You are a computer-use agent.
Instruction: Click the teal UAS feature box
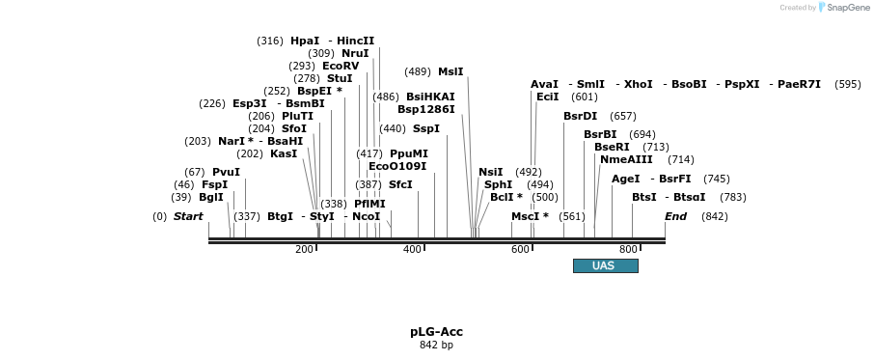[605, 265]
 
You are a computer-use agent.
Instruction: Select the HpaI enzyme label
[304, 42]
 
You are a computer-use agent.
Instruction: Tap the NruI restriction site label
[355, 53]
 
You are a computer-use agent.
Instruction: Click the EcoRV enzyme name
[340, 67]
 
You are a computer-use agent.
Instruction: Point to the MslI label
[451, 71]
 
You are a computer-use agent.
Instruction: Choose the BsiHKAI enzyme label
[430, 97]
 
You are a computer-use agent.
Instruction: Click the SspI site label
[425, 128]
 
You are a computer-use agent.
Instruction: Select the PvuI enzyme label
[226, 172]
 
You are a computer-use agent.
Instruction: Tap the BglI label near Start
[210, 197]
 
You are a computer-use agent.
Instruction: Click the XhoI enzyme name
[638, 84]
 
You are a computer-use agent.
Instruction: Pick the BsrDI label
[580, 116]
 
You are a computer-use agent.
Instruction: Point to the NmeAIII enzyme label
[626, 159]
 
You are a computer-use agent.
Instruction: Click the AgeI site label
[625, 179]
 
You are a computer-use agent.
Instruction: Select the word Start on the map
[188, 216]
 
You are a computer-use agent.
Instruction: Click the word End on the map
[675, 216]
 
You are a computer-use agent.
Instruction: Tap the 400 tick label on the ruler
[413, 249]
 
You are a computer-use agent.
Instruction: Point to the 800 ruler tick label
[628, 249]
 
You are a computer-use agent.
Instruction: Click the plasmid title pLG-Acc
[436, 332]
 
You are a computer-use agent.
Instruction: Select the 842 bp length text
[436, 345]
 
